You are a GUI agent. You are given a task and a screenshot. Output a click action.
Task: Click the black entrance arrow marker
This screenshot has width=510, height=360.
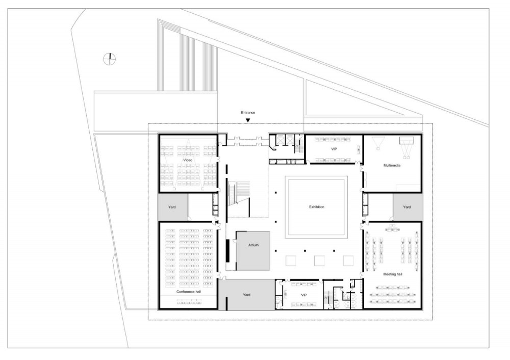point(248,120)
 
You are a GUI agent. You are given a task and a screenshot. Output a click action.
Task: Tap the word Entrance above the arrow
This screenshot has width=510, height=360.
point(248,113)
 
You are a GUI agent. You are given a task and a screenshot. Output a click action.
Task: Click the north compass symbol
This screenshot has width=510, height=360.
point(110,59)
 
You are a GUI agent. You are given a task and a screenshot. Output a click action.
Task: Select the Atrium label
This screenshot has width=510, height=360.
point(253,245)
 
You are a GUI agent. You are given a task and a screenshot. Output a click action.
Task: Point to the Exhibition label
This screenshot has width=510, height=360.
point(317,207)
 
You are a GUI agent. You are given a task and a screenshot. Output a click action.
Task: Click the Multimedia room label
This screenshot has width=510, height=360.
point(392,166)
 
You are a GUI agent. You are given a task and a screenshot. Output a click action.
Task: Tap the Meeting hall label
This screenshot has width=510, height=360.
point(393,274)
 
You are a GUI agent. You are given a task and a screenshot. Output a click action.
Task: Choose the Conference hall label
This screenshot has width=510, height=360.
point(189,292)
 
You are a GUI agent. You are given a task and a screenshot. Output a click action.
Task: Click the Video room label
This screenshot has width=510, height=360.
point(188,160)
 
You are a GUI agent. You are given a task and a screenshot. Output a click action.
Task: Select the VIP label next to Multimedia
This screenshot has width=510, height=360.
point(334,149)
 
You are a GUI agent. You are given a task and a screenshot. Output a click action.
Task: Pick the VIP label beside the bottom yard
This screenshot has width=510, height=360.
point(304,295)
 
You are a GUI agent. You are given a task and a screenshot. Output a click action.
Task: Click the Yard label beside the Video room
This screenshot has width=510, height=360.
point(172,207)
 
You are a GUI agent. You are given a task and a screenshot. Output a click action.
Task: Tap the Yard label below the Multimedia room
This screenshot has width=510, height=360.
point(407,207)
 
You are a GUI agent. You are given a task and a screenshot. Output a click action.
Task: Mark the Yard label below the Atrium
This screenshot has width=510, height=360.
point(246,295)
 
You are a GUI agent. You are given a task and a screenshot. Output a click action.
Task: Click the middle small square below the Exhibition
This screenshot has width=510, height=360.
point(319,261)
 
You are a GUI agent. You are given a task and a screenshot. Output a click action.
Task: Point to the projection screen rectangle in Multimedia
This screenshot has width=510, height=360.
point(406,141)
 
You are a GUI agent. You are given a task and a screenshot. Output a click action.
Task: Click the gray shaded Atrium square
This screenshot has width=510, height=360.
point(253,251)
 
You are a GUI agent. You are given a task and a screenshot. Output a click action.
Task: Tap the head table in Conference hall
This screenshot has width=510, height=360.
point(189,302)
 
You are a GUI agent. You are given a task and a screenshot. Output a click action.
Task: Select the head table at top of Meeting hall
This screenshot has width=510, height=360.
point(392,230)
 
